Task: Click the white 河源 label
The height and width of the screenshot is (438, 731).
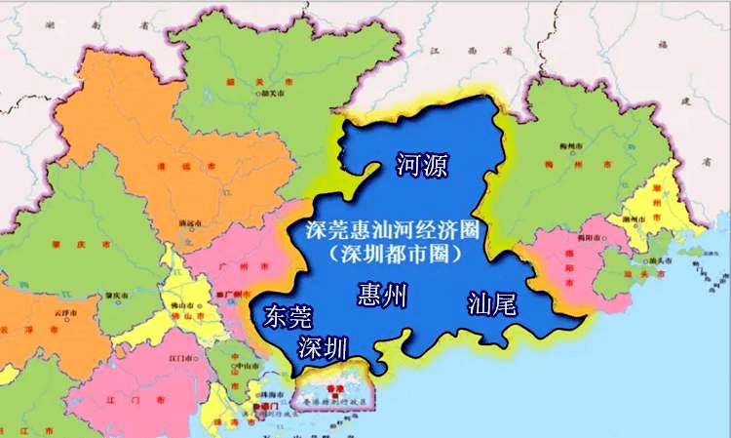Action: (422, 165)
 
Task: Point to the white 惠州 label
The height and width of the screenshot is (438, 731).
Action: (382, 295)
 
